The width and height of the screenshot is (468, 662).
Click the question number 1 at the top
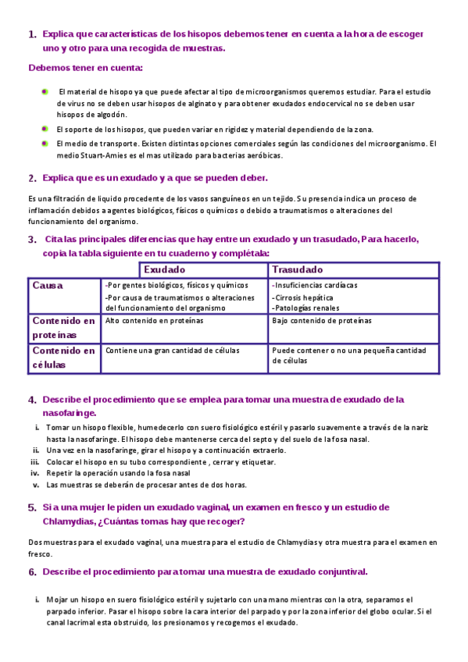(x=32, y=35)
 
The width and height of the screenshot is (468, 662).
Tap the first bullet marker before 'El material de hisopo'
(x=45, y=91)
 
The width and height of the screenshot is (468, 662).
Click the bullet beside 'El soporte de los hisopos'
(x=45, y=128)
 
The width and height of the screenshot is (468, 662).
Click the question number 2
(x=32, y=179)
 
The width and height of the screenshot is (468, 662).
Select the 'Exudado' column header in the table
(x=164, y=269)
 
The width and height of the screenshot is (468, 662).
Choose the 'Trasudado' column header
(x=297, y=269)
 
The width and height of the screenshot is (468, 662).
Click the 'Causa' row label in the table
(x=48, y=286)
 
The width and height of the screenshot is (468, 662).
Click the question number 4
(x=32, y=400)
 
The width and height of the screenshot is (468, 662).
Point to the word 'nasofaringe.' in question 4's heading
(x=70, y=412)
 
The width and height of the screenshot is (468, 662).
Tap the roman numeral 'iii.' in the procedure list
(x=35, y=462)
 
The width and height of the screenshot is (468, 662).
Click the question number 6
(x=32, y=572)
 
